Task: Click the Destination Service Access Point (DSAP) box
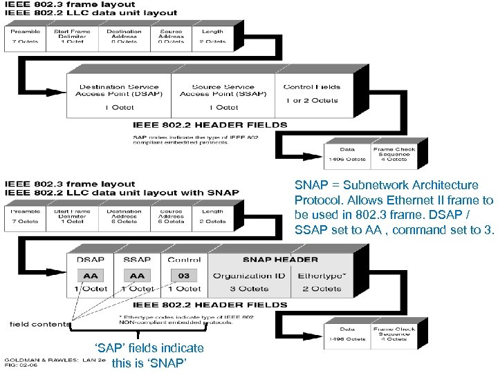(118, 97)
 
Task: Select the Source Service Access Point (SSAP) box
(223, 97)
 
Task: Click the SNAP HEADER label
(280, 260)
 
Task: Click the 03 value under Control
(183, 275)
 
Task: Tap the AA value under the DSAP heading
(91, 275)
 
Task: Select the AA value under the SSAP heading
(137, 275)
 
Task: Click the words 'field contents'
(40, 323)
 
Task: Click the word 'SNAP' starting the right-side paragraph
(308, 185)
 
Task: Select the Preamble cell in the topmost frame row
(26, 36)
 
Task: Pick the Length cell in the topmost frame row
(212, 36)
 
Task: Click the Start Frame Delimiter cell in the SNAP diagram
(72, 216)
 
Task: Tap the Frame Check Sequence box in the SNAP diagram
(393, 334)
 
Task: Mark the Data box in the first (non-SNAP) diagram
(347, 153)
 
